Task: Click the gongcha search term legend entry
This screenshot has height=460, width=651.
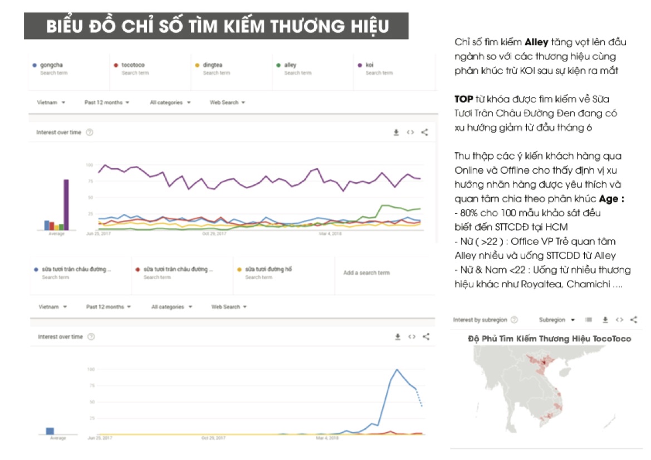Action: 51,65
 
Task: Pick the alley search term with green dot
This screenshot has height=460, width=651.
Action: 290,65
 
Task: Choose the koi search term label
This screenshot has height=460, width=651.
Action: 369,65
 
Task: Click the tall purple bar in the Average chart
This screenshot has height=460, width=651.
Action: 66,204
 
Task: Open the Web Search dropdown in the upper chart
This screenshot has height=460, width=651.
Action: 227,102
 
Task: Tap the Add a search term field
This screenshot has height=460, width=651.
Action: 366,273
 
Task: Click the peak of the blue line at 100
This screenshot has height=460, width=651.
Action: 397,369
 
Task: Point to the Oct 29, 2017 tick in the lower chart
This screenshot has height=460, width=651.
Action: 214,438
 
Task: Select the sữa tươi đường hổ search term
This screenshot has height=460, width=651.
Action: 268,270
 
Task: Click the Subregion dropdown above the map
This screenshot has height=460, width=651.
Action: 556,320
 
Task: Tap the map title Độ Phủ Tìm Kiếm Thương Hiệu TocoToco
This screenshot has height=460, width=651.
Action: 549,339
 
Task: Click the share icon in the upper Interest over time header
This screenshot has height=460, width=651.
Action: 424,133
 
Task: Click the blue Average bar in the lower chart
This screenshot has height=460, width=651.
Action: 50,430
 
